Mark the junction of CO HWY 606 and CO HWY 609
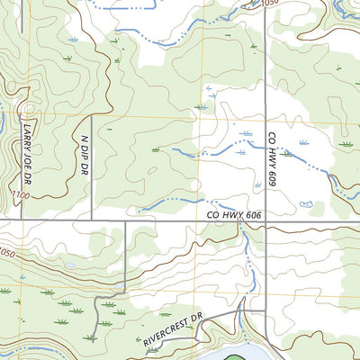[x=264, y=220]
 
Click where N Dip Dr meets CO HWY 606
[x=91, y=220]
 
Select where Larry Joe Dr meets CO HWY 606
[x=22, y=220]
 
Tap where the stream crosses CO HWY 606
[x=241, y=220]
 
